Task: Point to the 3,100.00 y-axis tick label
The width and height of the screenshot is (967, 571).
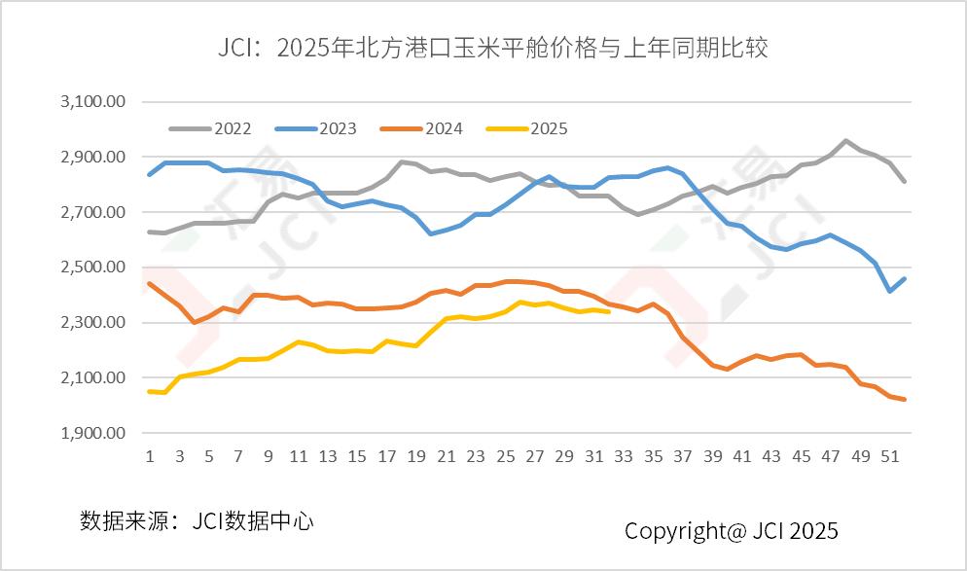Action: click(93, 102)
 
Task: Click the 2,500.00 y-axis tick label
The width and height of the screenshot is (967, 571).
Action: click(93, 268)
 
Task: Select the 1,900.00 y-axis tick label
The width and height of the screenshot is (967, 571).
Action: click(93, 433)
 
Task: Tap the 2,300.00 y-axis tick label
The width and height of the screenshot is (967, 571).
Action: click(93, 323)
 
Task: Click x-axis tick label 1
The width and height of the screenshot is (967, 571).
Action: click(150, 456)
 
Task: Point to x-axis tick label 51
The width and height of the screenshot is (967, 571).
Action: click(889, 456)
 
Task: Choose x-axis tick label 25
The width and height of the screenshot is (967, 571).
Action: click(505, 456)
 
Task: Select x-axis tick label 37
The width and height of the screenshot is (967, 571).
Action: click(683, 456)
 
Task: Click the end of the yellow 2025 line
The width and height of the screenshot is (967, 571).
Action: click(609, 311)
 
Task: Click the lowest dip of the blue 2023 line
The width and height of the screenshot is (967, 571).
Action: click(889, 291)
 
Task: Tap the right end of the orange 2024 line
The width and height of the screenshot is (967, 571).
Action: click(905, 399)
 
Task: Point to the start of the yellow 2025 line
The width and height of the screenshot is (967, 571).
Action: click(150, 391)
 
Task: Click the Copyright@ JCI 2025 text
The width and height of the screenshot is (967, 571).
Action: click(731, 531)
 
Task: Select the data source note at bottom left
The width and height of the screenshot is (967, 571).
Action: click(197, 520)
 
